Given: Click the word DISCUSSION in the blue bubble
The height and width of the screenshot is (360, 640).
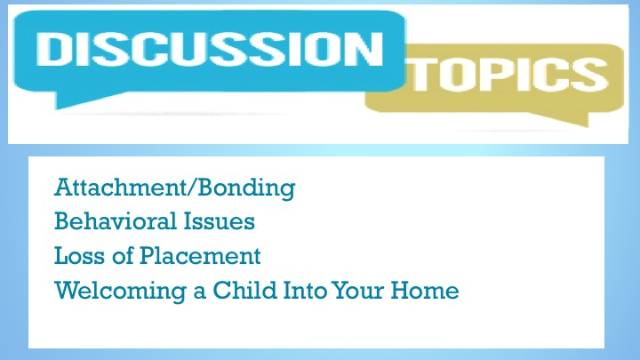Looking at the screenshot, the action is click(x=210, y=49).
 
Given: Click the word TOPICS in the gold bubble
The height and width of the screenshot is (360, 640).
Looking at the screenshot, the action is click(x=510, y=75).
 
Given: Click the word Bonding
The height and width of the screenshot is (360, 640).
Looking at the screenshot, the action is click(x=246, y=188).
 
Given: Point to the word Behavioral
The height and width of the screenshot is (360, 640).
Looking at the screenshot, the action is click(x=116, y=221).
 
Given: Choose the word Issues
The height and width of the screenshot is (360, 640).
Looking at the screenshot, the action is click(x=219, y=221).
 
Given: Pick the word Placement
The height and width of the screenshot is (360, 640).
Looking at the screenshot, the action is click(x=200, y=256).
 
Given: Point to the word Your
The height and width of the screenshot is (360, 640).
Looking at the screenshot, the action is click(x=358, y=290).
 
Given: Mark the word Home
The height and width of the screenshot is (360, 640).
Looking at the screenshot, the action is click(x=425, y=290).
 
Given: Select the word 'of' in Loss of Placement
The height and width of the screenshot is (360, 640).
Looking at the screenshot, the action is click(x=123, y=256).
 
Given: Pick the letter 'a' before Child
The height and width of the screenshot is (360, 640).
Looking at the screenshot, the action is click(x=200, y=292).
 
